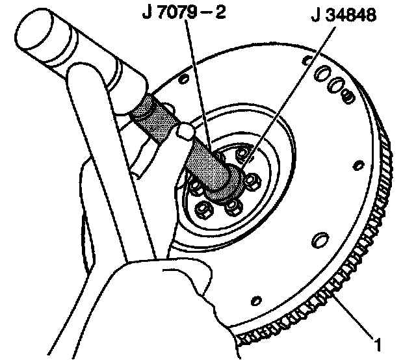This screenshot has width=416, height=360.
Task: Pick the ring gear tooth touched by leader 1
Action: (x=325, y=293)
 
